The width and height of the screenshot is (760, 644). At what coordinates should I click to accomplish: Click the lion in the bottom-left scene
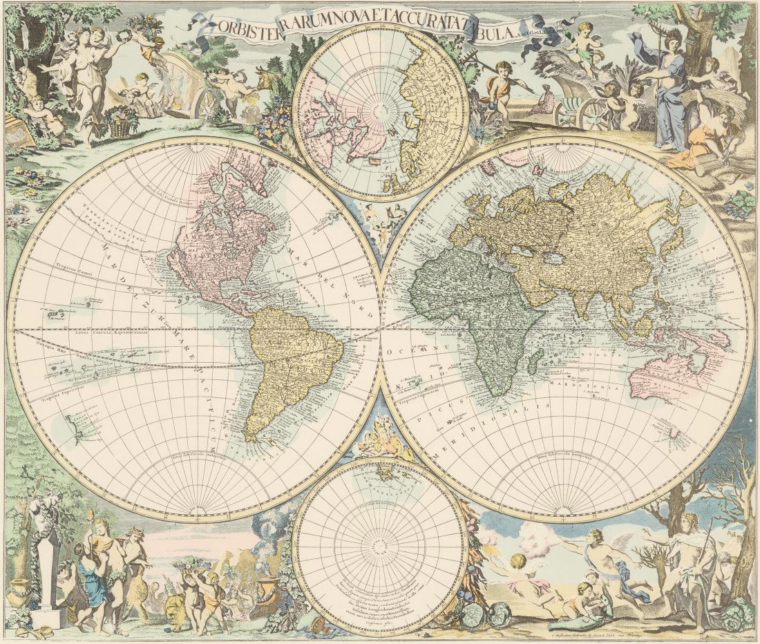[x=174, y=608]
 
